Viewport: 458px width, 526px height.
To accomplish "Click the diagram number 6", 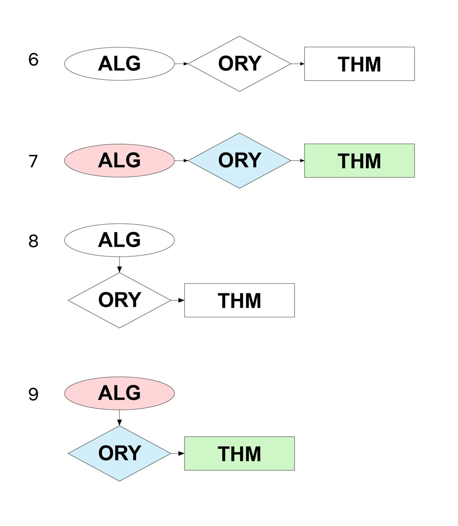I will (33, 60).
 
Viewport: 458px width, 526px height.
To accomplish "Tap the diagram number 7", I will (33, 162).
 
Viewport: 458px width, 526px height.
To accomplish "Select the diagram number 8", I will (33, 241).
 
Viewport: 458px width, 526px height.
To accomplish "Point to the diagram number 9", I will (33, 395).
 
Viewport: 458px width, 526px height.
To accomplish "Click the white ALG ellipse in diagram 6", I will (119, 64).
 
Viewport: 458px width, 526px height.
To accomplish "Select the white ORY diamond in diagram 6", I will (240, 64).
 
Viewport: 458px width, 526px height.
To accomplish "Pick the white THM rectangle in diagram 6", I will (359, 64).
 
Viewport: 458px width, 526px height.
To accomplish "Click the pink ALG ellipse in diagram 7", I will (119, 161).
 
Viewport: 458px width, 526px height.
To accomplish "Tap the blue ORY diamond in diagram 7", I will (240, 161).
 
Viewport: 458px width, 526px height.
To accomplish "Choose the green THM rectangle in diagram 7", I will (359, 161).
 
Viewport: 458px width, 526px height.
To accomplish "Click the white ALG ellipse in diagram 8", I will (119, 240).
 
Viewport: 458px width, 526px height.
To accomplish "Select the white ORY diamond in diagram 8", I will (119, 300).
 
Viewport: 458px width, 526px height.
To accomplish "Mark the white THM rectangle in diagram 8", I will (239, 300).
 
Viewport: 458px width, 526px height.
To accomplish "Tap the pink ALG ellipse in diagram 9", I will (119, 393).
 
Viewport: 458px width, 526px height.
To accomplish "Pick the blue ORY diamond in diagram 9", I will (119, 454).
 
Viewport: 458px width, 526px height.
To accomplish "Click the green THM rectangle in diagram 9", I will (239, 454).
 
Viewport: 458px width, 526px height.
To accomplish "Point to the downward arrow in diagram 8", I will (119, 265).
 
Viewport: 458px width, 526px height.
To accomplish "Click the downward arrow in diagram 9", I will (119, 418).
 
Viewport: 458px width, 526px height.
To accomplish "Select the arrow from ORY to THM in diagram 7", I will (298, 161).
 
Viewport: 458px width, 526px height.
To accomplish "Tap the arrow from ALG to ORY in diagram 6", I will (181, 64).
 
